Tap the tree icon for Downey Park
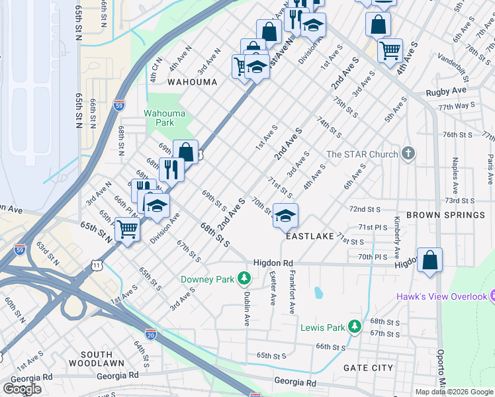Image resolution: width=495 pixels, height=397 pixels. pos(245,279)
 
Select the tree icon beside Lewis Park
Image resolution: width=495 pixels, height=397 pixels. pos(355,327)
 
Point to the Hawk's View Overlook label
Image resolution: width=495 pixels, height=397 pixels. pos(441,296)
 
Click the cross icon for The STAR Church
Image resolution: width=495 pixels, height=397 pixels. pos(409,154)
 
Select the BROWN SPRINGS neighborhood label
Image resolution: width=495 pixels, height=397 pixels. pos(445,215)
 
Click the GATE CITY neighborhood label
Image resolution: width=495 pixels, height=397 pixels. pos(368,368)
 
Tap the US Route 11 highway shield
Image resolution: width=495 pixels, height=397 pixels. pos(97,265)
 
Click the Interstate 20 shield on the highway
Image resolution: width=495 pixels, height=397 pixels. pos(151,335)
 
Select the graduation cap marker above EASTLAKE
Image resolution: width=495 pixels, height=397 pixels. pos(285,216)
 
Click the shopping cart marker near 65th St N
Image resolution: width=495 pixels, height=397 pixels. pos(128,230)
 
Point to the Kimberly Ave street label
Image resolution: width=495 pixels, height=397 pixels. pos(396,237)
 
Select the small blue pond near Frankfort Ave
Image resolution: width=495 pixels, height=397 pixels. pos(318,292)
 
